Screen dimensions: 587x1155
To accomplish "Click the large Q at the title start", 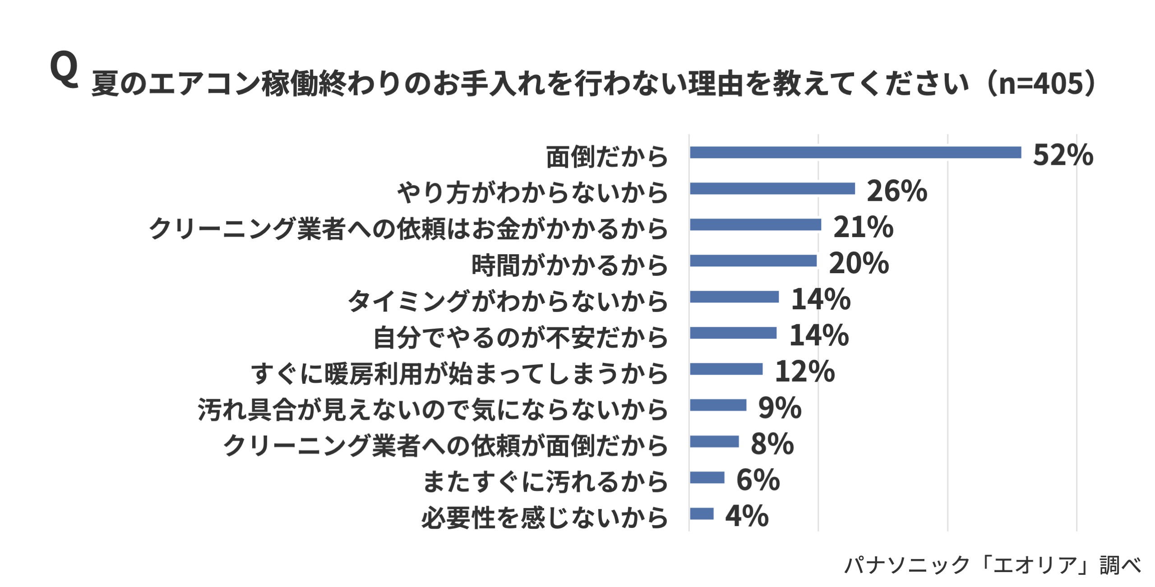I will tap(64, 69).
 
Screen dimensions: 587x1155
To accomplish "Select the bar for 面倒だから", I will tap(855, 153).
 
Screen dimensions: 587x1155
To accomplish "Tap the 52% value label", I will tap(1063, 155).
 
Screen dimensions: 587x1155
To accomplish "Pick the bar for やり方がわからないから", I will tap(772, 189).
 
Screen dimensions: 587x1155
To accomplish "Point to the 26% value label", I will tap(896, 191).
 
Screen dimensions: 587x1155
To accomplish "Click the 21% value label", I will tap(863, 227).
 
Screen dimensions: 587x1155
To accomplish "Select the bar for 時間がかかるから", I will tap(753, 261).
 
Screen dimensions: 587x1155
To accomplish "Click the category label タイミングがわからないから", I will tap(508, 301).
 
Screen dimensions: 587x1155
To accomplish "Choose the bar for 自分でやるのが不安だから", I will tap(733, 333).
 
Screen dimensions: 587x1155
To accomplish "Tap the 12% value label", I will tap(804, 372).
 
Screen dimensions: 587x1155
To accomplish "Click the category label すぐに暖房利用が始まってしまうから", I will tap(459, 373).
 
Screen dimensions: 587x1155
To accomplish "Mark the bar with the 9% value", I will tap(718, 405).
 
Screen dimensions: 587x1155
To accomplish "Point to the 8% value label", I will tap(772, 444).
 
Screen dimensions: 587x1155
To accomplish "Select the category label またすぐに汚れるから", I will tap(545, 481).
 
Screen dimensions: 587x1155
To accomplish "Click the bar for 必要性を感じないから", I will tap(702, 514).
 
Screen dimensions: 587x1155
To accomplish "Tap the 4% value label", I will tap(747, 516).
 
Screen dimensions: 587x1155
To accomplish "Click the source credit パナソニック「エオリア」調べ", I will tap(993, 565).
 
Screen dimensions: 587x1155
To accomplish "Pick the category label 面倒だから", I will tap(606, 157).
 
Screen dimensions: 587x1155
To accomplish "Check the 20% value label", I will tap(859, 263).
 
